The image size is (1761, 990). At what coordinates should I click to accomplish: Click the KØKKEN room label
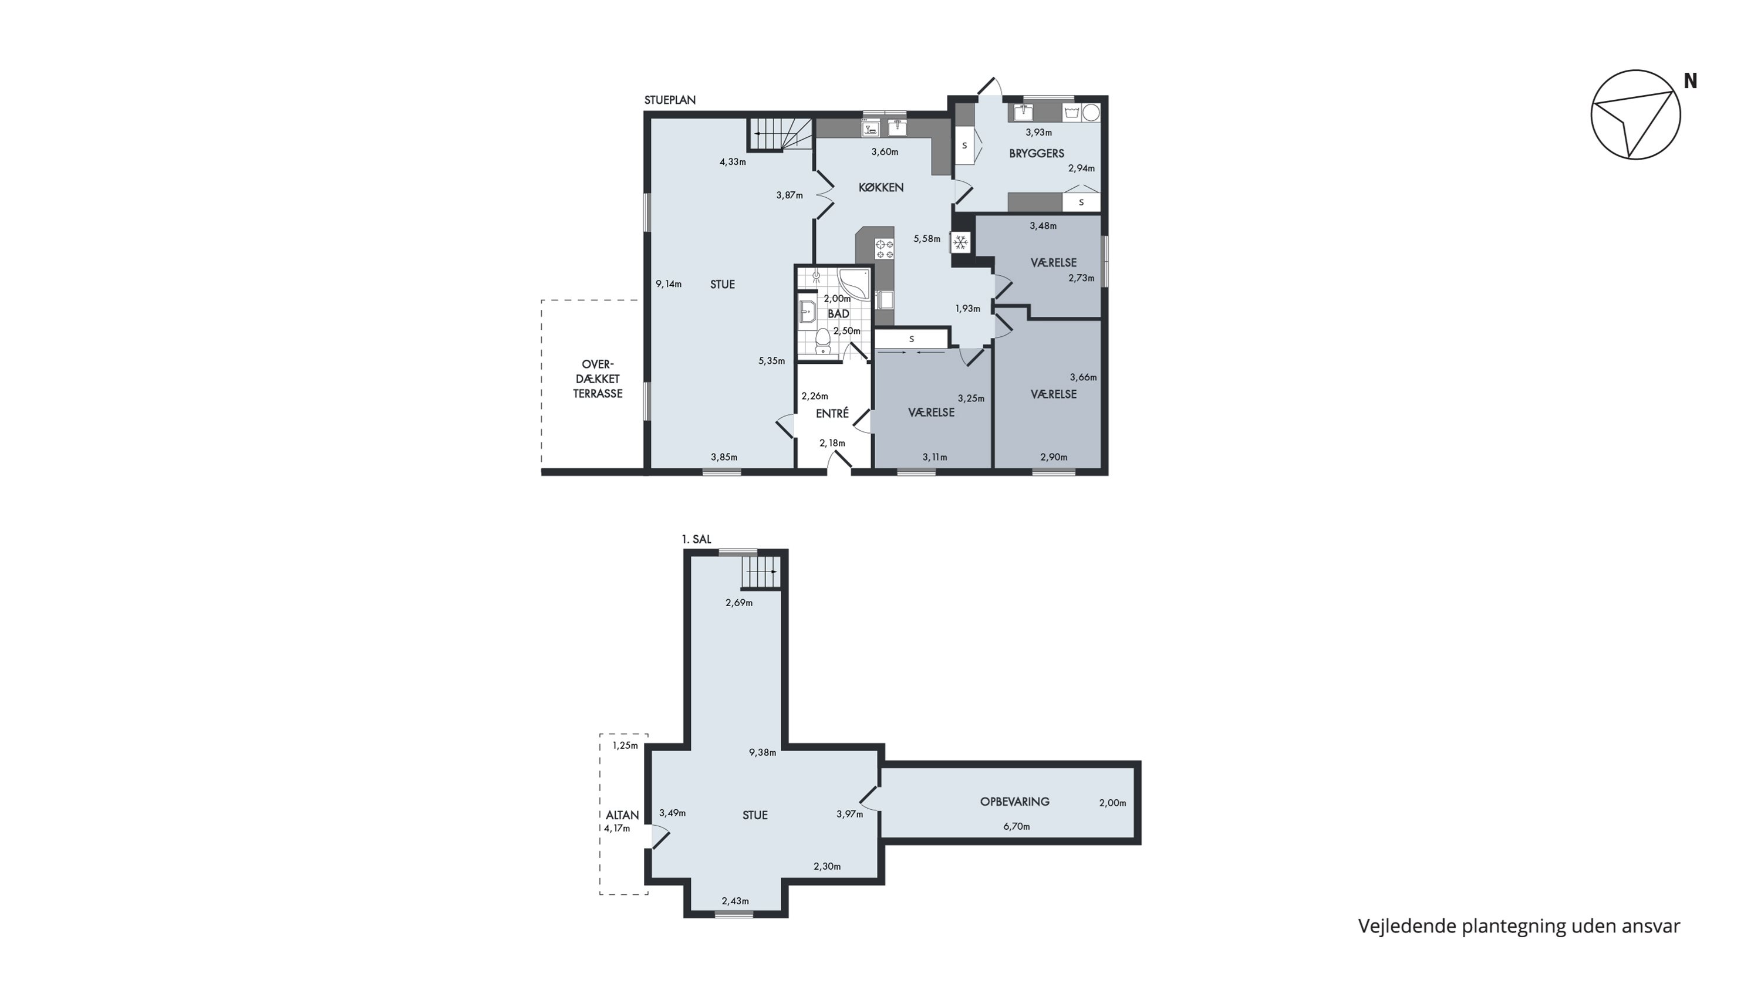881,187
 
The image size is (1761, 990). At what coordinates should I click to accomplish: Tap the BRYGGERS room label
1037,154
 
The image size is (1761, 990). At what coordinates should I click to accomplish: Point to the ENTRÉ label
832,413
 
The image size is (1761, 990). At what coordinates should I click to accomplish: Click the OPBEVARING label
1014,802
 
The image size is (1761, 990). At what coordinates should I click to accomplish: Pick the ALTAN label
622,815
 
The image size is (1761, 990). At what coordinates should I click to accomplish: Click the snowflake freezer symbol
960,242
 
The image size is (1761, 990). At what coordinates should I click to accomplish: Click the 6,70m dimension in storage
1017,827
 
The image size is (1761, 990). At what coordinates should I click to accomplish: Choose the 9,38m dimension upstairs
763,753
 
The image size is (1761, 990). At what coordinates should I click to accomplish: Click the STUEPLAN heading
670,100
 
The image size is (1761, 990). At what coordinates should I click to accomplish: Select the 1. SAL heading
697,540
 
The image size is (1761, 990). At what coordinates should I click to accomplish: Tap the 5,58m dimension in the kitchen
927,239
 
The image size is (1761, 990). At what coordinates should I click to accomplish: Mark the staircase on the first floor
760,571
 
